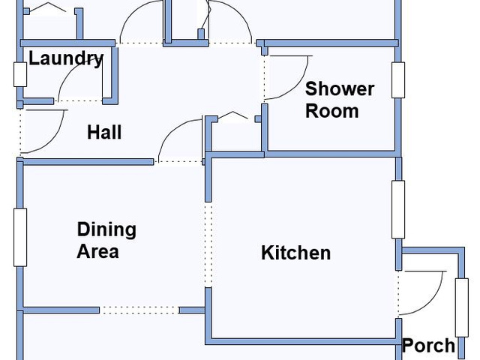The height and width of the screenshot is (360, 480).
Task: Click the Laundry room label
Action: [66, 58]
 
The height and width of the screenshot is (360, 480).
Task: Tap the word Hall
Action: [104, 132]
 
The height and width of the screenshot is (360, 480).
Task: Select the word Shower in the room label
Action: [340, 89]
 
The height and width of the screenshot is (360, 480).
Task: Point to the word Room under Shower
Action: [331, 111]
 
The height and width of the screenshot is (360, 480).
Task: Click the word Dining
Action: [106, 230]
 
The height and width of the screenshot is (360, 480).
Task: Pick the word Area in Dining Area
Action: [97, 251]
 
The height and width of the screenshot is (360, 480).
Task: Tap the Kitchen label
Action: [295, 253]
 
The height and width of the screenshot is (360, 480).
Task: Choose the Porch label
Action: [428, 346]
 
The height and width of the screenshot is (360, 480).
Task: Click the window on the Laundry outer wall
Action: [20, 74]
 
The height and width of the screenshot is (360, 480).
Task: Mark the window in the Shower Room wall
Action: [398, 80]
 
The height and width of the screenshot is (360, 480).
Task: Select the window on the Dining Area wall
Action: [20, 238]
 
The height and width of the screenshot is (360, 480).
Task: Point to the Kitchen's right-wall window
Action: [398, 210]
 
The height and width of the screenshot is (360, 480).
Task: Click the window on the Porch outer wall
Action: [462, 307]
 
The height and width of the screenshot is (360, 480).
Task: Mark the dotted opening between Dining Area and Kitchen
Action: [208, 245]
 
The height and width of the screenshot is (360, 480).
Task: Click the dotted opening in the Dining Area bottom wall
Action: [139, 310]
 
